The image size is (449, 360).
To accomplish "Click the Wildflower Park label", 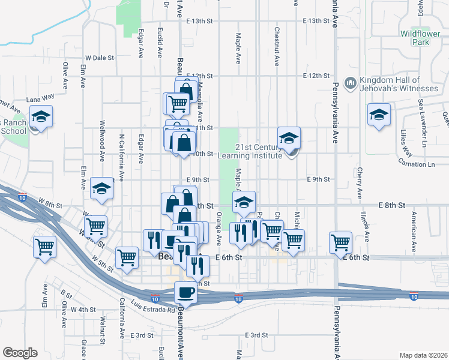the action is click(x=420, y=38).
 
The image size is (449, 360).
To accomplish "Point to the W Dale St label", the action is click(x=100, y=58).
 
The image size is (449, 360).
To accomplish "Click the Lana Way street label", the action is click(x=40, y=96).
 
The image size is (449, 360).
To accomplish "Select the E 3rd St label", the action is click(x=256, y=335).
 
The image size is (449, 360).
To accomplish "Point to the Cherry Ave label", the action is click(x=360, y=182).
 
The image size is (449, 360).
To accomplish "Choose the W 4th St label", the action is click(x=83, y=310).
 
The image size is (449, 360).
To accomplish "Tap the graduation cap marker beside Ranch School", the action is click(x=41, y=116).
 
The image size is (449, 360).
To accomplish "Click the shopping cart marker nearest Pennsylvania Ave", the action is click(x=340, y=242).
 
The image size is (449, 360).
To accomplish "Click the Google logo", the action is click(x=20, y=352).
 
